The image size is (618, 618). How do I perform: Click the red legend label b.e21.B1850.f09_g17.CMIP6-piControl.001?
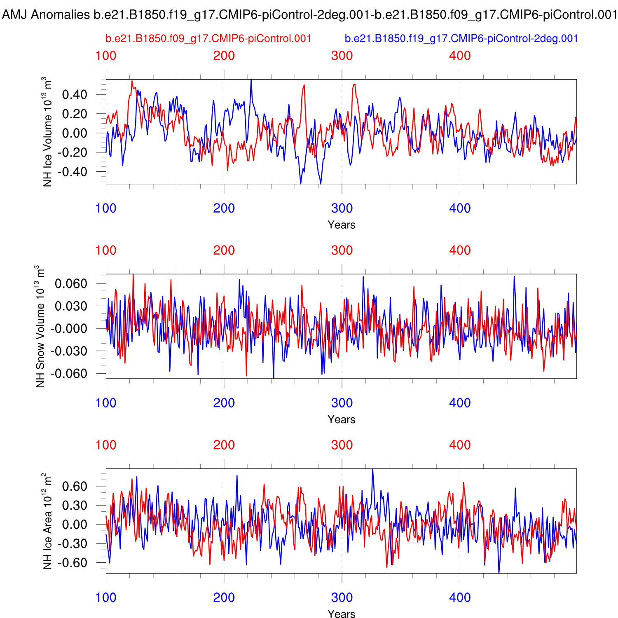click(x=208, y=39)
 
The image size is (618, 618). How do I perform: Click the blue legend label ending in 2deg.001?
click(x=461, y=39)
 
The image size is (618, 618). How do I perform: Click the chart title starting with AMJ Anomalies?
click(x=309, y=15)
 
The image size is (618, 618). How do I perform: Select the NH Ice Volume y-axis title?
click(x=48, y=132)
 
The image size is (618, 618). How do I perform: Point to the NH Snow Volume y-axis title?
click(x=40, y=326)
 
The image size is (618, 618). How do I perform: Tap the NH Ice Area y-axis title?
click(x=48, y=521)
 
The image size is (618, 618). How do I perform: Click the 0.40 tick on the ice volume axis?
click(x=75, y=95)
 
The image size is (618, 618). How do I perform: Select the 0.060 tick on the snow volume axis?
click(x=71, y=283)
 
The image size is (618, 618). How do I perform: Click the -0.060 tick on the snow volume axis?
click(x=69, y=374)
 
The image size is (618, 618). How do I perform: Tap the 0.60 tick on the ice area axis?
click(x=75, y=486)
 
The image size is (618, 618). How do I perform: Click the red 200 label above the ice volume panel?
click(x=224, y=56)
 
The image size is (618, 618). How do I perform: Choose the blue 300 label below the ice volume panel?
click(x=342, y=208)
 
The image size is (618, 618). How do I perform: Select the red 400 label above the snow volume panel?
click(x=460, y=250)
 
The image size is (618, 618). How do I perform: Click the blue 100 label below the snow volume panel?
click(x=106, y=403)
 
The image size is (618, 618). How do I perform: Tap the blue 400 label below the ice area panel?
click(x=460, y=598)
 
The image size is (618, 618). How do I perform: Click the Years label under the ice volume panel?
click(x=342, y=225)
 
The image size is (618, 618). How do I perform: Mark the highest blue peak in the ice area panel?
click(x=372, y=469)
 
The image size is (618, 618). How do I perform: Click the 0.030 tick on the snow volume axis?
click(x=71, y=306)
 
